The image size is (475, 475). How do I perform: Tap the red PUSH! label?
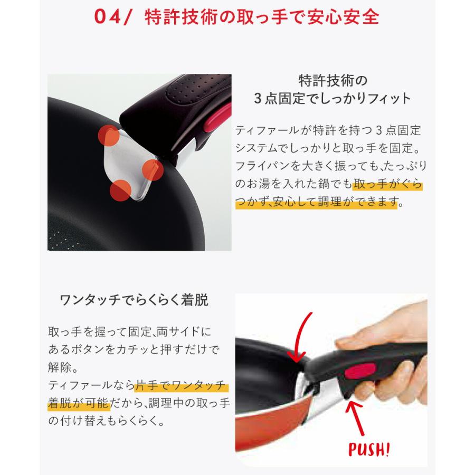click(369, 450)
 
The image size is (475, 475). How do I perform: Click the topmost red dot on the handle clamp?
click(109, 136)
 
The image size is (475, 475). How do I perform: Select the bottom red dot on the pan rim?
click(121, 190)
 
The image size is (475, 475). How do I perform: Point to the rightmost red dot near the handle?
click(153, 168)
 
